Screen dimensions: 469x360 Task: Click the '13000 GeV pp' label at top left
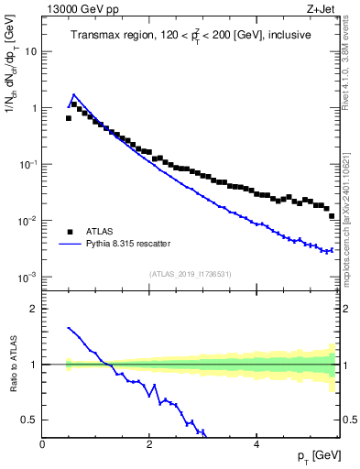[x=76, y=10]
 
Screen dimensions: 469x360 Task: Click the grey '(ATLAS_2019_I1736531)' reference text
[x=190, y=273]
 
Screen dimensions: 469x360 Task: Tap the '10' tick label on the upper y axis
[x=31, y=51]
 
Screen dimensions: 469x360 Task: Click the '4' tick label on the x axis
[x=256, y=444]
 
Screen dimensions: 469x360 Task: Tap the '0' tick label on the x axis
[x=43, y=444]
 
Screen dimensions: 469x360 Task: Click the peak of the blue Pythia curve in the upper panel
[x=74, y=94]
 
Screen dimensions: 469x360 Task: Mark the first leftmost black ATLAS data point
[x=69, y=118]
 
